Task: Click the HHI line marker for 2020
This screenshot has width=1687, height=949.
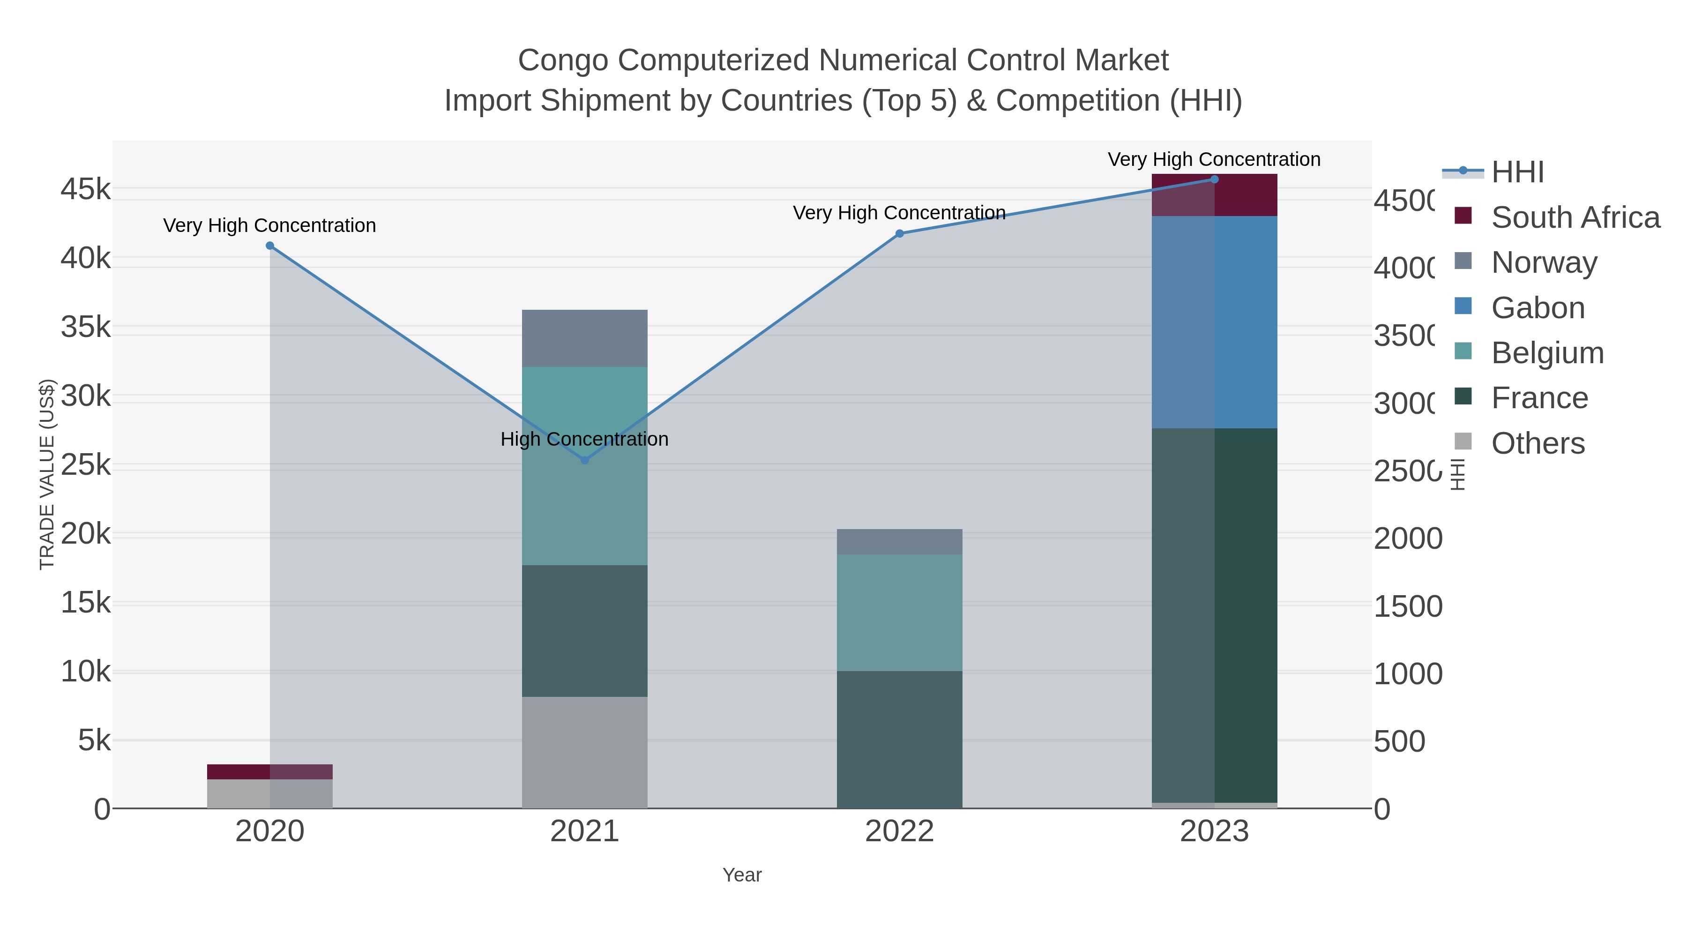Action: tap(270, 246)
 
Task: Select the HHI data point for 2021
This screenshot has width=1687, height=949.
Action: tap(585, 460)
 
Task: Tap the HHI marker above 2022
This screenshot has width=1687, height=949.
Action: tap(899, 234)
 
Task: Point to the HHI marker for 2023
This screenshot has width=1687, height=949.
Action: tap(1214, 179)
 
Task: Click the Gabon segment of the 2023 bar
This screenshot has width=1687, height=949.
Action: tap(1214, 322)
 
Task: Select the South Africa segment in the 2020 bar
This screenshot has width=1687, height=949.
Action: tap(270, 771)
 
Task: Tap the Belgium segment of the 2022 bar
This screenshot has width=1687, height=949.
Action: tap(899, 613)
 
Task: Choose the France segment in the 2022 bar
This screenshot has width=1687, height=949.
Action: tap(899, 740)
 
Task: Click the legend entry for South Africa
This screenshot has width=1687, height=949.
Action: tap(1575, 217)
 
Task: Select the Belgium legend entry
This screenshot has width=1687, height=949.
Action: tap(1547, 353)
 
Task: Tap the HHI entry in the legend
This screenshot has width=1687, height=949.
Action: tap(1517, 172)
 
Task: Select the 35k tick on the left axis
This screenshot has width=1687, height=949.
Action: tap(86, 327)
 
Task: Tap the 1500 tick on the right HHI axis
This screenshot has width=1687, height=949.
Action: tap(1407, 606)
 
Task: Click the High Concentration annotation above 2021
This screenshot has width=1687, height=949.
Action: tap(584, 439)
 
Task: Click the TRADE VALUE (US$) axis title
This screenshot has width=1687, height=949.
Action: tap(47, 474)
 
